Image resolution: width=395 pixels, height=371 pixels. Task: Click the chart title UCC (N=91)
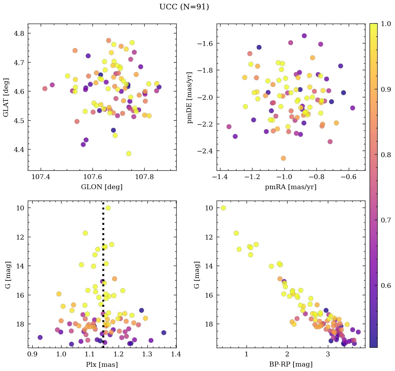point(184,7)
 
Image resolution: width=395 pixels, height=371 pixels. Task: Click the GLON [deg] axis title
point(102,187)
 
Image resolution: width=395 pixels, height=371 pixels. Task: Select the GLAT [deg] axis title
point(6,97)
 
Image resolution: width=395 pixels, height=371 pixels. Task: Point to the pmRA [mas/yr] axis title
point(291,187)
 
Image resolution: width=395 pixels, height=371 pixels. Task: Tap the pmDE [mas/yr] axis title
point(190,97)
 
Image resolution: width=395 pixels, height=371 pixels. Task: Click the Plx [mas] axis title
point(102,364)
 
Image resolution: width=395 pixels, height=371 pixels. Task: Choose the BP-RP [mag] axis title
point(291,364)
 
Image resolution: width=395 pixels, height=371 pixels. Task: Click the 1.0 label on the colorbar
point(386,24)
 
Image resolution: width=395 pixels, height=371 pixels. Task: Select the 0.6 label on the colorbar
point(386,285)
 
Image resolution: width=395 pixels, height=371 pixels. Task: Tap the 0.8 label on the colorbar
point(386,155)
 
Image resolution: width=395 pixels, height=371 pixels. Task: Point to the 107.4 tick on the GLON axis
point(41,177)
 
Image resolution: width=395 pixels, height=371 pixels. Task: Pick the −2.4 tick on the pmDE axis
point(205,151)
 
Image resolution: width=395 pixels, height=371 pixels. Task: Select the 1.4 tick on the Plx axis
point(176,354)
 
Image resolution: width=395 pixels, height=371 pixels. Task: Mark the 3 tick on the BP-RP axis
point(328,354)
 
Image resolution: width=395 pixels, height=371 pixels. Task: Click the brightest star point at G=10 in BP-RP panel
point(223,208)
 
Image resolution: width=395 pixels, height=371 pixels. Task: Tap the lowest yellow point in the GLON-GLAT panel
point(129,153)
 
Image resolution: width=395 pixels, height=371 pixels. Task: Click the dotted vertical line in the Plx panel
point(103,278)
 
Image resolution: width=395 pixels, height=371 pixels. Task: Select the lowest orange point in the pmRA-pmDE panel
point(283,158)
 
